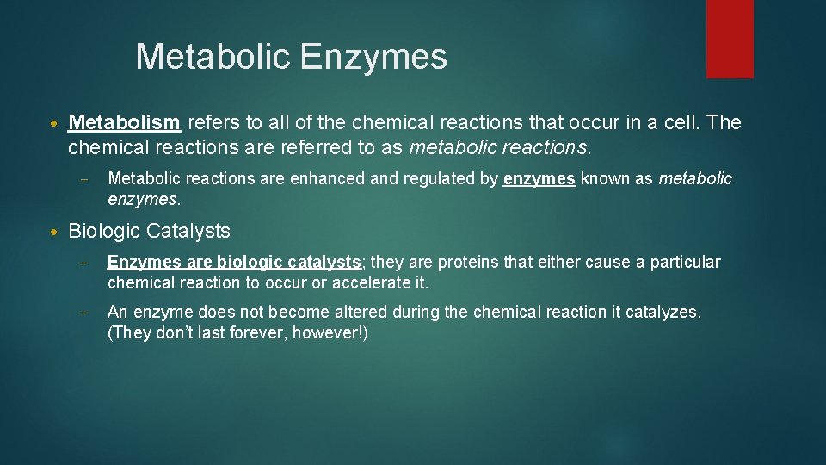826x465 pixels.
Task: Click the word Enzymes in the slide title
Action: (373, 58)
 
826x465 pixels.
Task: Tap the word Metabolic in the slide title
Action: (215, 58)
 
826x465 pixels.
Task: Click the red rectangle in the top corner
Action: (730, 39)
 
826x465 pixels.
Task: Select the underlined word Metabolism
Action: (124, 122)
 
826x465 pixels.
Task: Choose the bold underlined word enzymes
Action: (539, 179)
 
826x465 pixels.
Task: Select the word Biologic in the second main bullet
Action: (103, 231)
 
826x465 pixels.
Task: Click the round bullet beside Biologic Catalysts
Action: (54, 232)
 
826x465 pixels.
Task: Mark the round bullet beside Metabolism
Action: (54, 123)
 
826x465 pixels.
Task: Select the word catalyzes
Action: (663, 312)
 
